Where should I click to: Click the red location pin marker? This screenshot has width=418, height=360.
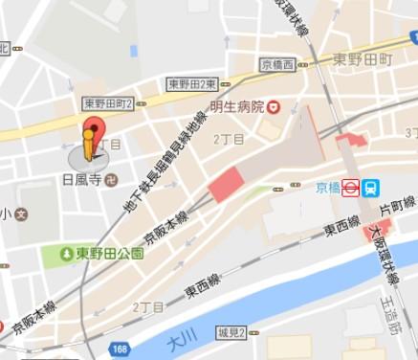click(92, 132)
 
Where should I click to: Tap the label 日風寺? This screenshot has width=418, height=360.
click(81, 178)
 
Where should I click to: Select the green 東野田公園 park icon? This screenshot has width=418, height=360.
click(66, 254)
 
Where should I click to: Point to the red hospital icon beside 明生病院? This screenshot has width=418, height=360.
click(274, 106)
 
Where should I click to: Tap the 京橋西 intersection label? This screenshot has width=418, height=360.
click(280, 65)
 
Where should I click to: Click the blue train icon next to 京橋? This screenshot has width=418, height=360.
click(371, 189)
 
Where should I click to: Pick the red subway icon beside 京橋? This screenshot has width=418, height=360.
click(351, 189)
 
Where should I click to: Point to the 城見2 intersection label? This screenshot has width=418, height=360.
click(231, 332)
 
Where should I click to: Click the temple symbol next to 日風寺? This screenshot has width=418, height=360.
click(111, 178)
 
